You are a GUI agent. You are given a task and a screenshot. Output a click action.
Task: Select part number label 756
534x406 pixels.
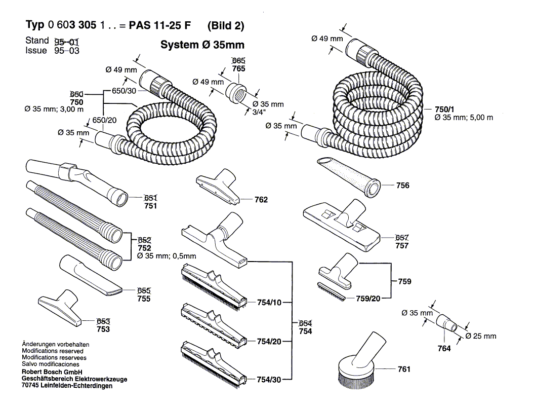point(403,186)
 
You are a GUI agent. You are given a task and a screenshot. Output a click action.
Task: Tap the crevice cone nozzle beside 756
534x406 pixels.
point(349,175)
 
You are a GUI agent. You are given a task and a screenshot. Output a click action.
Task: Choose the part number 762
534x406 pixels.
point(261,200)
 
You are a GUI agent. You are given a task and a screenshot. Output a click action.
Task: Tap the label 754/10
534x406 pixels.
point(269,303)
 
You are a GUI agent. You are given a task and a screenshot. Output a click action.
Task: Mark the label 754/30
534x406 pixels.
point(269,380)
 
